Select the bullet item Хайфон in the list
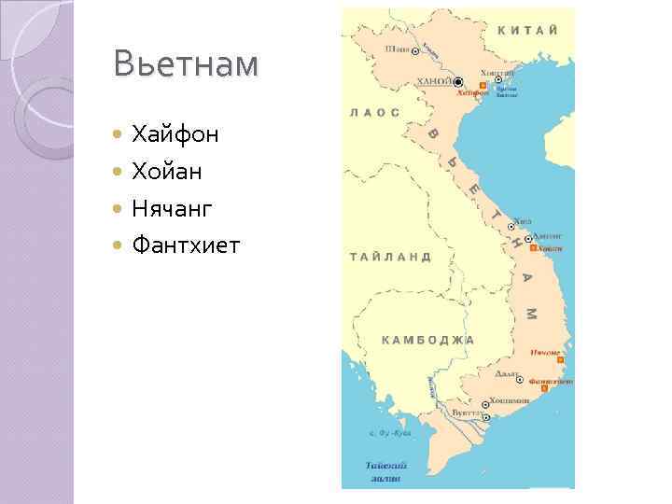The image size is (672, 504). point(175,134)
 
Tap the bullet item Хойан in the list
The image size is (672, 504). point(167,172)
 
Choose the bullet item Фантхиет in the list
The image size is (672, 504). point(186,246)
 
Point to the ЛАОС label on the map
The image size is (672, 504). point(374,112)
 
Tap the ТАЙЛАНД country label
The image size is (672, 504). point(390,256)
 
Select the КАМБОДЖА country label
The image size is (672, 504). point(428,340)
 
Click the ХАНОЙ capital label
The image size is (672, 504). point(436,82)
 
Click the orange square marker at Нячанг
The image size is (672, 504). point(560,360)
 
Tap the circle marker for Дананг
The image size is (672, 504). point(528,239)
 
